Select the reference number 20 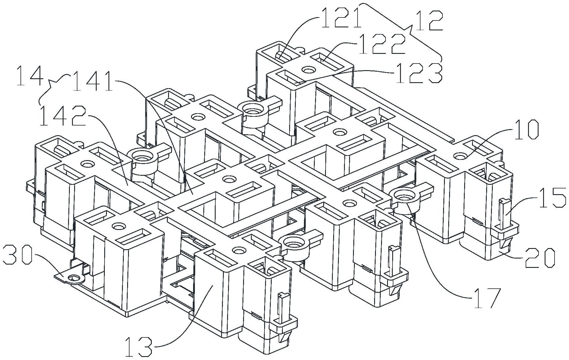540,258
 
